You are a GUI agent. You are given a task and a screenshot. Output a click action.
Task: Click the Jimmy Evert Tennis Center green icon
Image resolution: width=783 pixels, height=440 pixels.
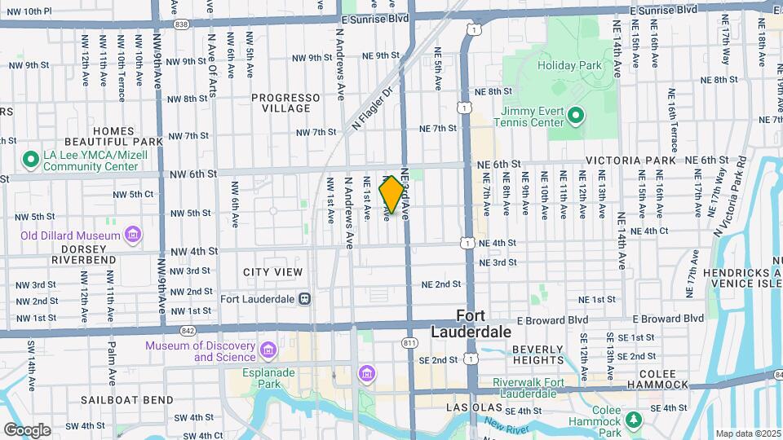point(576,116)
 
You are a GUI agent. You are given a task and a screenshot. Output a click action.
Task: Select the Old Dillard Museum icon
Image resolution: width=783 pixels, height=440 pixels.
point(132,236)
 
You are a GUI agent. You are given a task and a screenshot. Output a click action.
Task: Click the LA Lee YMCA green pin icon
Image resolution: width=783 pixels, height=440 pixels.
point(30,160)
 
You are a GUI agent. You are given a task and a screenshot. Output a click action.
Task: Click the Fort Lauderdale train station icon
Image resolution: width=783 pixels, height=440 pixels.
point(304,298)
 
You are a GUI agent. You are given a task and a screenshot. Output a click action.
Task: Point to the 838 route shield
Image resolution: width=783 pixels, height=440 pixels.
point(181,25)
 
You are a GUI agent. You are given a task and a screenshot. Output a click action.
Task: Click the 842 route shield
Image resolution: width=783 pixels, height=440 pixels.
point(188,330)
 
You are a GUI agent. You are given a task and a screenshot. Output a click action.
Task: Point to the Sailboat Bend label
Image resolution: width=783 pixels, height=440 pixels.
point(126,400)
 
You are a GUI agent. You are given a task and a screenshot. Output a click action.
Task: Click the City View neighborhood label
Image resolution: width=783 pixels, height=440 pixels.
point(272,272)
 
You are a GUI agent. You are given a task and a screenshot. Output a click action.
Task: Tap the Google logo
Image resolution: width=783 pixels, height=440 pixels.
point(27,429)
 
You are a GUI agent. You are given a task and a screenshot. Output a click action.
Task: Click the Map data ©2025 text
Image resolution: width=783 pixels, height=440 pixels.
point(748,433)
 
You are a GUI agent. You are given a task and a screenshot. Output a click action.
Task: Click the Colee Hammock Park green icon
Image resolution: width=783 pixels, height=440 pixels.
point(634,419)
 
